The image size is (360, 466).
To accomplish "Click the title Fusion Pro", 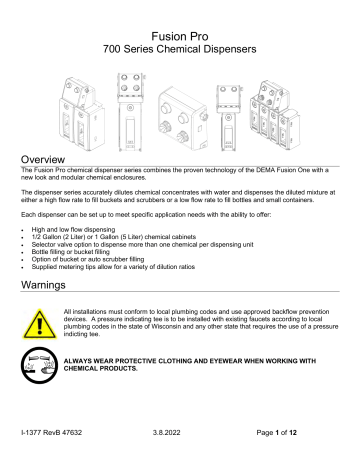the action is [x=180, y=16].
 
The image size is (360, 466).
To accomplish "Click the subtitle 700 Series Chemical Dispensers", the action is [x=180, y=35].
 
